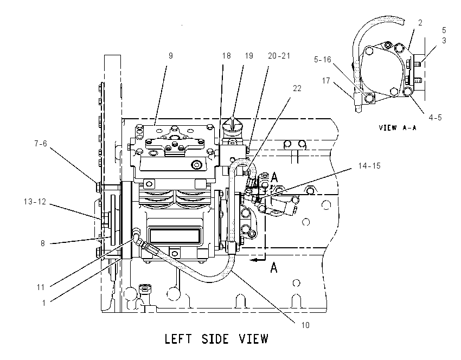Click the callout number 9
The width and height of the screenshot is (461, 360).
[171, 56]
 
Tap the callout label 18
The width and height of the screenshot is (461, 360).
[226, 56]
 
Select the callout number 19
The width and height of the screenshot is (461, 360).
[249, 56]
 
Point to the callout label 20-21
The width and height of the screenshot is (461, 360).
[279, 56]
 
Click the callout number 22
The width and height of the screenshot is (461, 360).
[297, 88]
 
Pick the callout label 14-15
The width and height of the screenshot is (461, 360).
[369, 166]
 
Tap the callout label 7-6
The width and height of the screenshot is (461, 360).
[41, 144]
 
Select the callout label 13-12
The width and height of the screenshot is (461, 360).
[35, 202]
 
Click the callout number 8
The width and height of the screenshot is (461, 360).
[43, 243]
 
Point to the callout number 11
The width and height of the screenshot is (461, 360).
[41, 287]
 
